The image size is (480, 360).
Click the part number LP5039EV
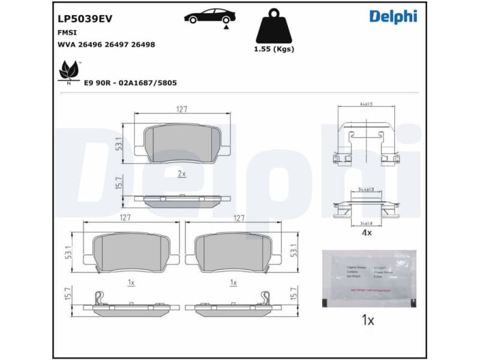85,19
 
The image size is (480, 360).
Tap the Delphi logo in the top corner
393,16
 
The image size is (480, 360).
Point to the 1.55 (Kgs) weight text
274,49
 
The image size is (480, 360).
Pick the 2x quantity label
182,173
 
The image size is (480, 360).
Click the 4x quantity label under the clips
366,232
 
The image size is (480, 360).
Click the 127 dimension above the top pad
182,109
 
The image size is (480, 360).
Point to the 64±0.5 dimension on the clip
365,104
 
